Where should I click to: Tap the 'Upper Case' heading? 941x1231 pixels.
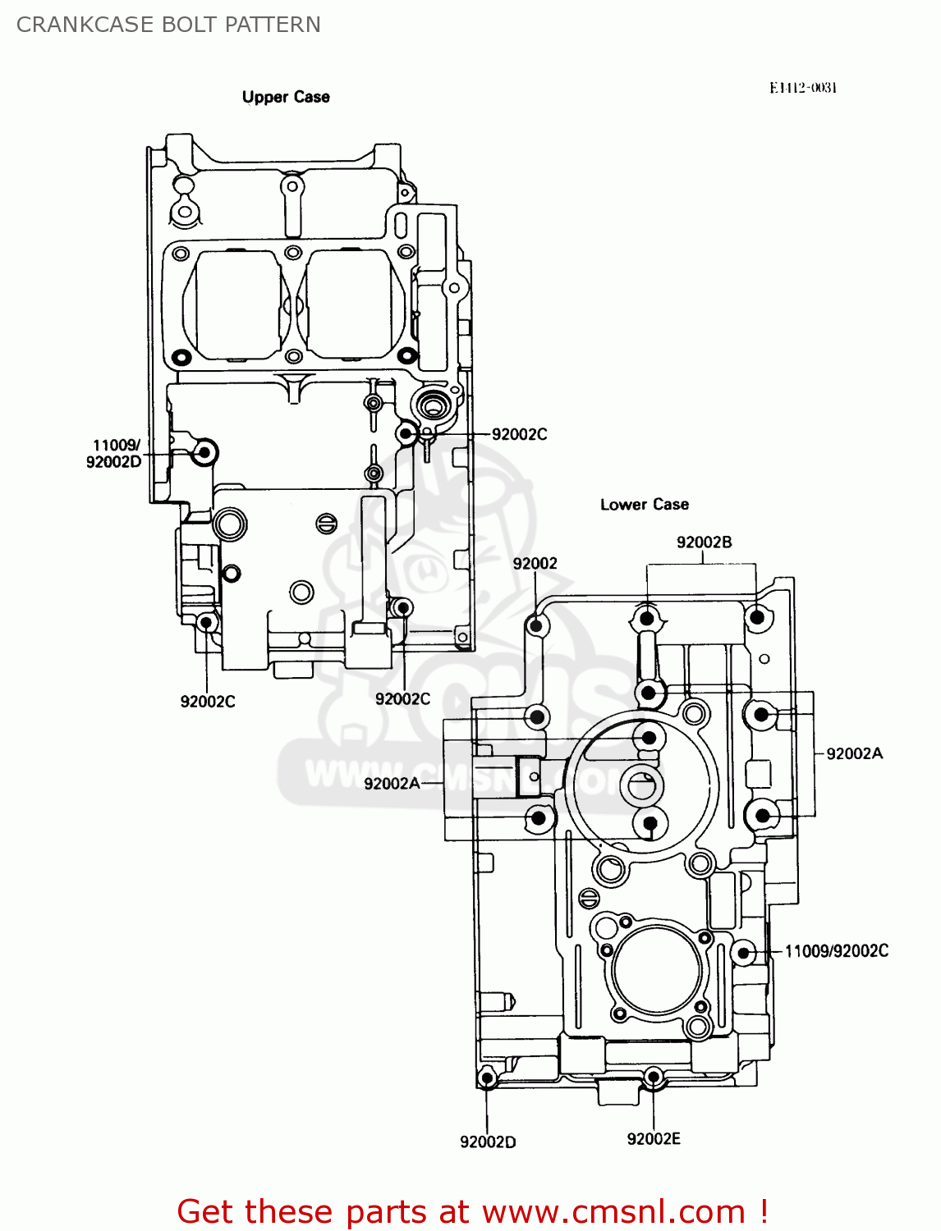coord(286,97)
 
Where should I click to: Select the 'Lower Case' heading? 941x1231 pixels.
coord(644,505)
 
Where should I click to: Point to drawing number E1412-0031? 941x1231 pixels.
coord(802,88)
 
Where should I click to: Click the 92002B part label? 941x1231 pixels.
coord(704,542)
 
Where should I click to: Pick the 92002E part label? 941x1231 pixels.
coord(654,1138)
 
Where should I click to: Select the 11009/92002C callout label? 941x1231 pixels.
coord(836,951)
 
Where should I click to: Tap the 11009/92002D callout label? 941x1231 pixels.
coord(114,454)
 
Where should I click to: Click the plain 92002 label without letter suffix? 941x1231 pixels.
coord(535,563)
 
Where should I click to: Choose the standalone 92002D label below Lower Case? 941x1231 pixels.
coord(488,1142)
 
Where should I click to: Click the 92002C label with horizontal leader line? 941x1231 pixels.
coord(519,434)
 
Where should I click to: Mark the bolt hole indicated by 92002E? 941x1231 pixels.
coord(654,1076)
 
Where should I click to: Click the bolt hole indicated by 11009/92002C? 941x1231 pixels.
coord(744,953)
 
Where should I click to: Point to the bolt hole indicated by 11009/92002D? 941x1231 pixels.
coord(204,452)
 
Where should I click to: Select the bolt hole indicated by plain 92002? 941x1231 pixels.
coord(536,626)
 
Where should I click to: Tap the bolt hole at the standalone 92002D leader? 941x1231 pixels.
coord(487,1078)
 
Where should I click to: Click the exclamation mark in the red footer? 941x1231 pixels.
coord(763,1211)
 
